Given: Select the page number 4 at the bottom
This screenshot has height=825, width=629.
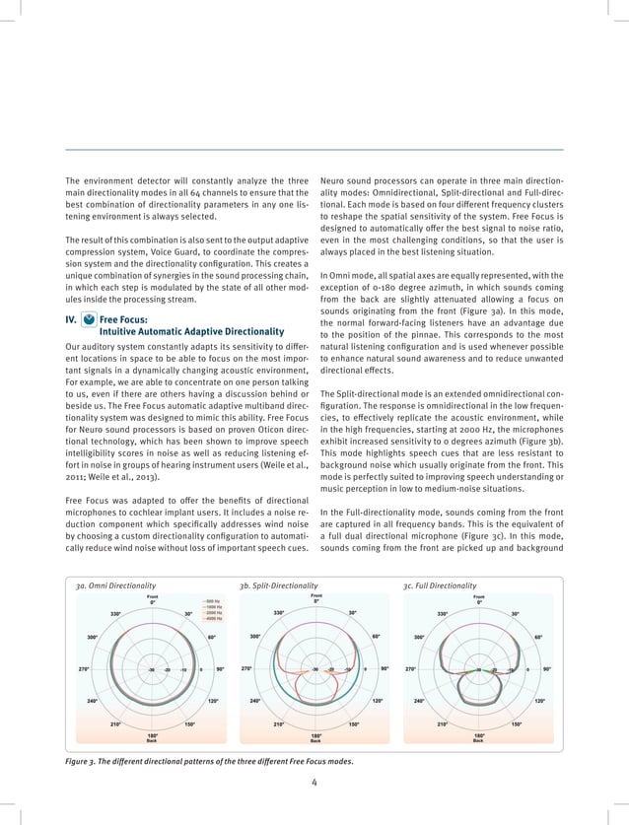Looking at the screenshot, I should [314, 783].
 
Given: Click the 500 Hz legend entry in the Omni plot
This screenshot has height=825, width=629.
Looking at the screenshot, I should [211, 600].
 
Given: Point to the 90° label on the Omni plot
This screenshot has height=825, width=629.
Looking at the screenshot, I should [220, 669].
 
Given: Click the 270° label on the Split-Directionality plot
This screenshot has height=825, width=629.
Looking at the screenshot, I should [246, 669].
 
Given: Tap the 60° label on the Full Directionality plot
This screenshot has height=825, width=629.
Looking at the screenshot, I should [538, 637].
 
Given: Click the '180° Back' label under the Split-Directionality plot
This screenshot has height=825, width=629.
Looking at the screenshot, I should [315, 737].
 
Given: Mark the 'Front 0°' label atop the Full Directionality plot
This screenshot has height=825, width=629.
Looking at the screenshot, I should [479, 597].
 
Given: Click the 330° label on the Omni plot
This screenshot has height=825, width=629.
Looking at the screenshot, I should [115, 613].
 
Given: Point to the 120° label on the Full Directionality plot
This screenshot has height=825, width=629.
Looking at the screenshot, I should [539, 701].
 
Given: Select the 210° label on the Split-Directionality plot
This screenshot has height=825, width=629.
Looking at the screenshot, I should [280, 724].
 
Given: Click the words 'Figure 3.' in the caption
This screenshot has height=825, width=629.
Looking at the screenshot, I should [82, 761].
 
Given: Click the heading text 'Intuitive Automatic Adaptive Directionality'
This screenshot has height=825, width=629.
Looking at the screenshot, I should [192, 331].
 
